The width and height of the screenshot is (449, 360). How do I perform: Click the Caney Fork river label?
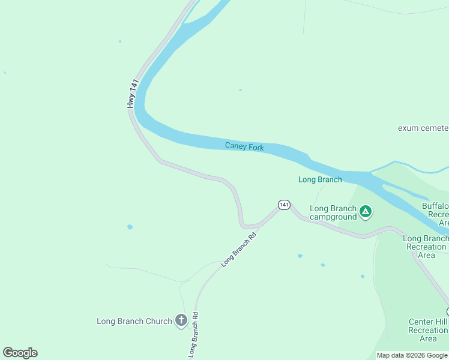(244, 146)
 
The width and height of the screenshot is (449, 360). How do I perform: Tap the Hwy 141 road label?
(133, 94)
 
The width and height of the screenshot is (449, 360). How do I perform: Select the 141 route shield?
(284, 205)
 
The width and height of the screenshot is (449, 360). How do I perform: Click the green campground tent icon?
(366, 211)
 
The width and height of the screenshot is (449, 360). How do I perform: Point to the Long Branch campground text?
(333, 212)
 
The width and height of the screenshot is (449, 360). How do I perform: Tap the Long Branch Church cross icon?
(181, 321)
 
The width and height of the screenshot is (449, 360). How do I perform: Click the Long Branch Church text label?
(134, 321)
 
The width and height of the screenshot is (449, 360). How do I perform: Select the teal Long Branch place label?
(320, 179)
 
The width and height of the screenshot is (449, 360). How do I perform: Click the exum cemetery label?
(423, 128)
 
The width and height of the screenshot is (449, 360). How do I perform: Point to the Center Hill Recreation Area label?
(428, 330)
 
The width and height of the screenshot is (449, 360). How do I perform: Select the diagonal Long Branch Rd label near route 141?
(243, 250)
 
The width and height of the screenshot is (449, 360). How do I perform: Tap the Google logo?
(20, 353)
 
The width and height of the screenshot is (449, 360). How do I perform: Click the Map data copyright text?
(412, 355)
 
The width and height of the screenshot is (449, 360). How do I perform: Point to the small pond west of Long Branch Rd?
(130, 227)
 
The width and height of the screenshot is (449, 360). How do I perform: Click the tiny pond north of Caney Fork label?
(240, 90)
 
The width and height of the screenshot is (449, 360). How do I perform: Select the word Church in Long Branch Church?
(158, 321)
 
